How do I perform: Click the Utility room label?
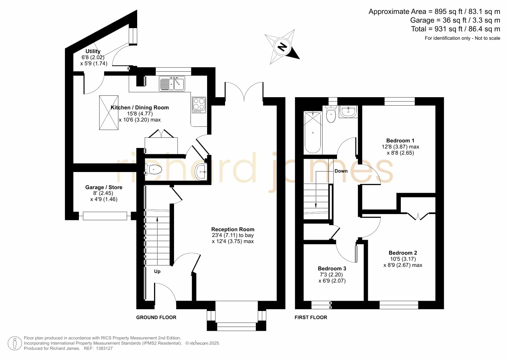[x=93, y=51]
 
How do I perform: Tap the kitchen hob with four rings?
[x=199, y=105]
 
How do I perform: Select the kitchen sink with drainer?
[x=172, y=84]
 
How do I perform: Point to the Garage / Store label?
[x=104, y=187]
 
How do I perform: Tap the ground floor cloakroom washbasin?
[x=201, y=172]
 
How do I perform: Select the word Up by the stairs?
[x=157, y=272]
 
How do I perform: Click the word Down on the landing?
[x=341, y=171]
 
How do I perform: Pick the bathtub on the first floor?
[x=313, y=133]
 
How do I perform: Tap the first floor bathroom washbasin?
[x=348, y=112]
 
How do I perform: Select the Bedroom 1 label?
[x=400, y=141]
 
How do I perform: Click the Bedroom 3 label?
[x=332, y=269]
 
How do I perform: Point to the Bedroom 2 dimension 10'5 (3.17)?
[x=403, y=259]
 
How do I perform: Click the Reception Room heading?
[x=233, y=229]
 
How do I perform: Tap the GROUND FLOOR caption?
[x=156, y=317]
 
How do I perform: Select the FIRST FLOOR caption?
[x=311, y=317]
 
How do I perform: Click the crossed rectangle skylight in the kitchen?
[x=109, y=113]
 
